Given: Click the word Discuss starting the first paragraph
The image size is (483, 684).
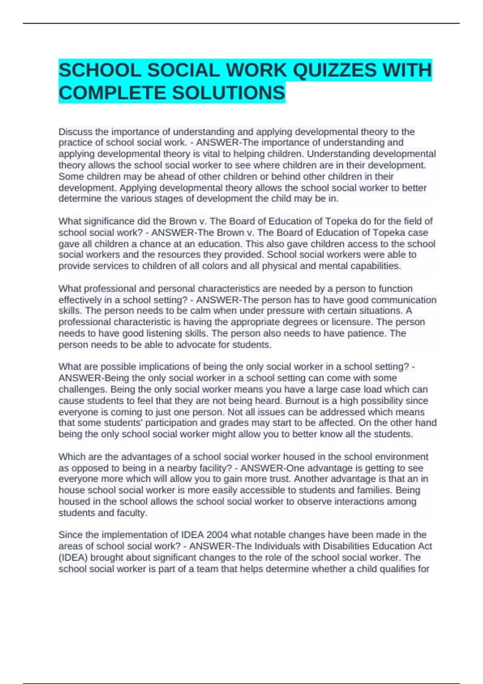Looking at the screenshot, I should (x=75, y=132).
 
